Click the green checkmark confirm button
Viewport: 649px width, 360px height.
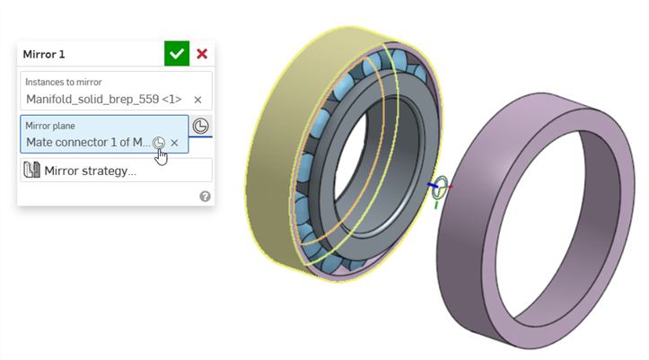[x=177, y=53]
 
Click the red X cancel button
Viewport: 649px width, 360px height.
[x=202, y=54]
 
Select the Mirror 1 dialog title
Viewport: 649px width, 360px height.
[x=44, y=54]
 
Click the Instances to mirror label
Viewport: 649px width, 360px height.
[x=64, y=82]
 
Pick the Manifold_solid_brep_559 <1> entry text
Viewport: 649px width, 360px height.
[x=104, y=100]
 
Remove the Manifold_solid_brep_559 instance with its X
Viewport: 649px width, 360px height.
[x=197, y=100]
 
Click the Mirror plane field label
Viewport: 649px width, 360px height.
[x=50, y=126]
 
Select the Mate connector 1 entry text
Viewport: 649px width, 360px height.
[x=88, y=143]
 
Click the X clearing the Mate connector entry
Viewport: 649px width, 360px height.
[x=175, y=143]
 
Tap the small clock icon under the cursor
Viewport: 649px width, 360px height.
[x=159, y=143]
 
